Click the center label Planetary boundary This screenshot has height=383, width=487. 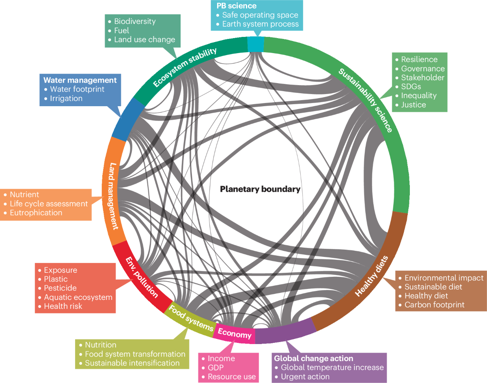(260, 189)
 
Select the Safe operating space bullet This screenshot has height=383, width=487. (260, 15)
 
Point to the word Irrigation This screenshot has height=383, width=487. (66, 98)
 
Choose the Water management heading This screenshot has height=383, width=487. (80, 80)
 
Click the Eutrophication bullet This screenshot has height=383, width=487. (36, 212)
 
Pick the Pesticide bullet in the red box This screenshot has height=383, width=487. (60, 288)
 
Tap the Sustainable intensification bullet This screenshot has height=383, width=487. (132, 363)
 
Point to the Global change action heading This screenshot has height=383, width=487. (313, 358)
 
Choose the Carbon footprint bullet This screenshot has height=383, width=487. (434, 305)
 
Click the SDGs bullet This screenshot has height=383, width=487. (411, 87)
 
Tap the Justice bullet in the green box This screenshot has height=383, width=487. (414, 105)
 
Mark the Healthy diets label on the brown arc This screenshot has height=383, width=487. (372, 276)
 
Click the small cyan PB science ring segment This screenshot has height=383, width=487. (256, 44)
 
